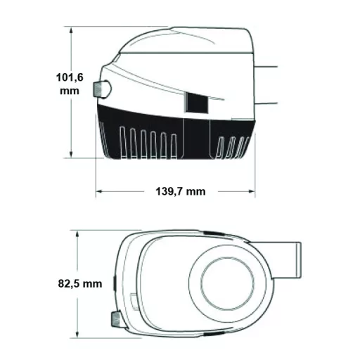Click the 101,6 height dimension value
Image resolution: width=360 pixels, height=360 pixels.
[70, 77]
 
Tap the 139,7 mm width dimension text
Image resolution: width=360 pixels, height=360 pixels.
[181, 192]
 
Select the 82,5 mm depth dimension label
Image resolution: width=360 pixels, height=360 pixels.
[80, 284]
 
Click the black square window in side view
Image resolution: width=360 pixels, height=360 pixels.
[197, 103]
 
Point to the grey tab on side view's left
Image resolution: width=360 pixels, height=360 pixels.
[98, 89]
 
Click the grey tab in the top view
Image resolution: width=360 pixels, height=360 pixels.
[116, 319]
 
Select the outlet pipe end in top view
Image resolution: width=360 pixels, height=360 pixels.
[299, 260]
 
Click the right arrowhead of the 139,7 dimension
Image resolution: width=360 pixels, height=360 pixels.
[252, 191]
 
